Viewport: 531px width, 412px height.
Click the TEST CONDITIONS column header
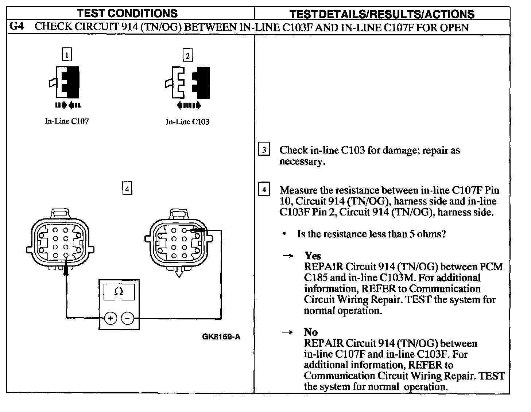coord(127,13)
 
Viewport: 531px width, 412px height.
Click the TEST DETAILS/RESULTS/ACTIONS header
coord(382,14)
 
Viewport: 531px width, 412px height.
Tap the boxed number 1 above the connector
coord(67,55)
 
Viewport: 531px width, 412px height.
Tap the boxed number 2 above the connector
coord(187,55)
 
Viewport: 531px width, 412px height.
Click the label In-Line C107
coord(67,121)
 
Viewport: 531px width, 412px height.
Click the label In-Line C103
coord(187,122)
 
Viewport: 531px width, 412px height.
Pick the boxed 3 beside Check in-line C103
coord(264,150)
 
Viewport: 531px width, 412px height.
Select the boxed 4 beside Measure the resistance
coord(264,190)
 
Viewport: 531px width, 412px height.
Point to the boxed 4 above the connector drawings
coord(127,189)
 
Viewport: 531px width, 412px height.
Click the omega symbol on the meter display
coord(119,291)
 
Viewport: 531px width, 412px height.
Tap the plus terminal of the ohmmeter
coord(110,318)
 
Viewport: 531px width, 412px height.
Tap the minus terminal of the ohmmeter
coord(127,318)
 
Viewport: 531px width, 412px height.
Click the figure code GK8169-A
coord(221,337)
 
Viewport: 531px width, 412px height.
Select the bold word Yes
coord(313,256)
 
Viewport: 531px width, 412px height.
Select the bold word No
coord(311,332)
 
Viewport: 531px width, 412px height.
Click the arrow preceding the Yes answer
coord(288,256)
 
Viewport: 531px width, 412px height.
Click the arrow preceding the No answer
coord(288,332)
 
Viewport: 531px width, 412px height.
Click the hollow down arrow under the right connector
coord(178,272)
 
